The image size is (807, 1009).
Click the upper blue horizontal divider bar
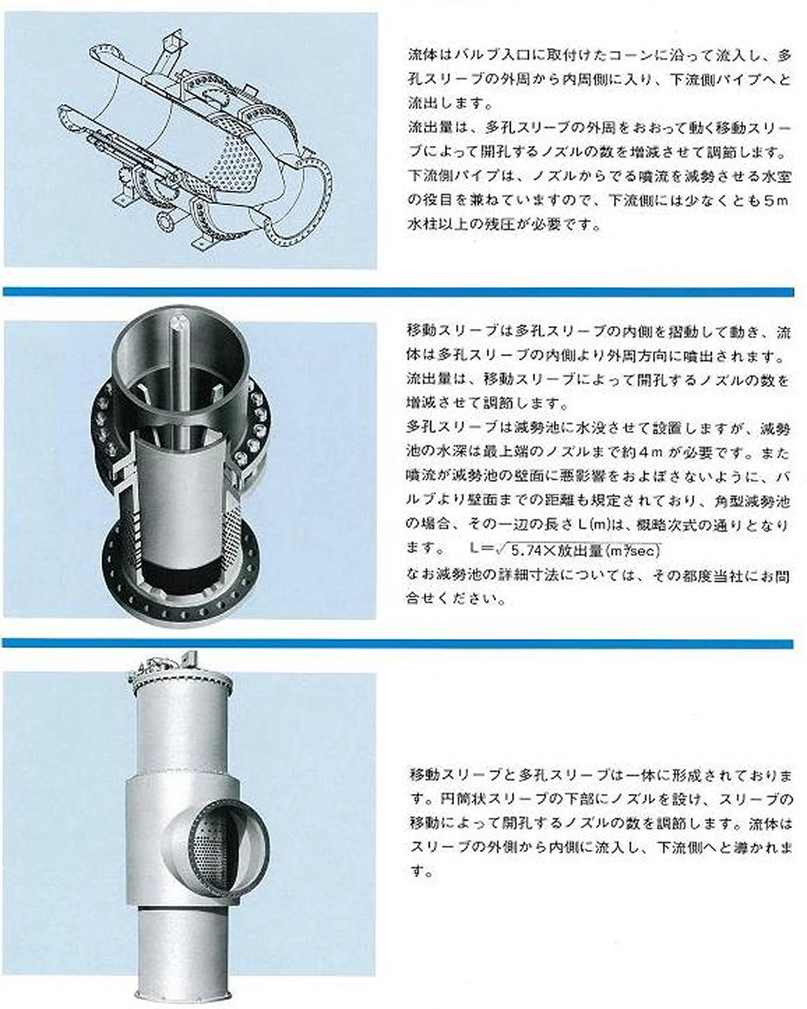point(398,292)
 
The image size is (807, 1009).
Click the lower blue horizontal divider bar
point(398,644)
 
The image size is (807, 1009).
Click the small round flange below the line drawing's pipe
point(165,220)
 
